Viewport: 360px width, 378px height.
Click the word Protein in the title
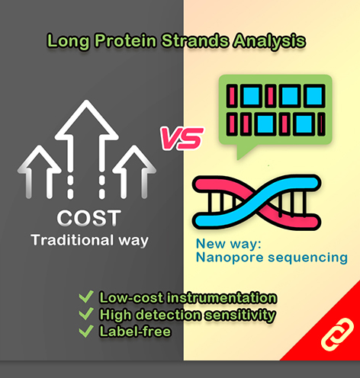click(x=125, y=40)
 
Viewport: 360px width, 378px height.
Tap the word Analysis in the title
click(x=269, y=41)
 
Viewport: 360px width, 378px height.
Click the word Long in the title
click(x=69, y=41)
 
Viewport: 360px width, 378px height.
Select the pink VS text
click(x=182, y=138)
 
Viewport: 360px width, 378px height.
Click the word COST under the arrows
click(x=88, y=218)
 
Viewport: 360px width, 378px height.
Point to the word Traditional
click(x=72, y=240)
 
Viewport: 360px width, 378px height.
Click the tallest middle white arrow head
click(x=86, y=120)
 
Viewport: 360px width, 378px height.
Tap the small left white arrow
click(x=39, y=171)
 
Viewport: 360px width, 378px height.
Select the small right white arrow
click(x=134, y=171)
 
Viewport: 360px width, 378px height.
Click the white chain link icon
click(x=337, y=335)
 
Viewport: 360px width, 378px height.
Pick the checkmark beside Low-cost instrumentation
click(x=86, y=296)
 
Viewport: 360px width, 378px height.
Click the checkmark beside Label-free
click(x=86, y=331)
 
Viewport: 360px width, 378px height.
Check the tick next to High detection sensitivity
click(x=86, y=314)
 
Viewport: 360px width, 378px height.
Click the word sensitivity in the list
click(x=240, y=316)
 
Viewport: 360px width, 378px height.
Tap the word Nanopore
click(x=230, y=258)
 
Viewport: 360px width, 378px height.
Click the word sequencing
click(x=307, y=258)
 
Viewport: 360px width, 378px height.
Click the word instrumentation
click(x=221, y=297)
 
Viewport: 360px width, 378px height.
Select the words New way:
click(x=229, y=244)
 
